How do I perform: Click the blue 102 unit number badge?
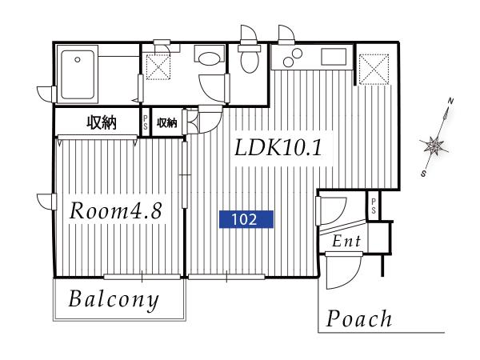coord(246,219)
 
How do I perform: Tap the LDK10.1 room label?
coord(278,147)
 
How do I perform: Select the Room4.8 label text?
coord(115,211)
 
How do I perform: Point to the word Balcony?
coord(114,300)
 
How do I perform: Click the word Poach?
coord(359,318)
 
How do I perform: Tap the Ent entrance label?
coord(346,241)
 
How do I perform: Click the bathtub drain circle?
coord(78,60)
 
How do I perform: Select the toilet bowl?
coord(249,62)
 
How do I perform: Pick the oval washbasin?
coord(209,58)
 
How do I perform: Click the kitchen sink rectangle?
coord(334,56)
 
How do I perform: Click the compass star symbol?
coord(433,145)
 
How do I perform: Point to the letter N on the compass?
coord(450,101)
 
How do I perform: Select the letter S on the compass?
coord(424,174)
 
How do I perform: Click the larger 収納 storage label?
coord(102,122)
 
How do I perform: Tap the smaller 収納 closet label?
coord(167,122)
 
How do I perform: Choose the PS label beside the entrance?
coord(374,206)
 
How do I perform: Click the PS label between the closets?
coord(145,122)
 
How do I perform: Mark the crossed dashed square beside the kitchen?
coord(374,69)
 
